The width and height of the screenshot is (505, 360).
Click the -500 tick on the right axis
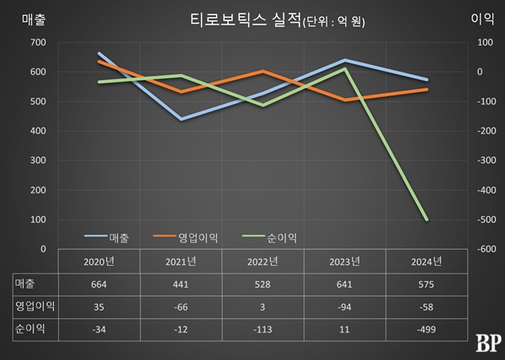[x=485, y=220]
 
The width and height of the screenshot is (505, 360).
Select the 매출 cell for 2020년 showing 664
[x=99, y=284]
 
